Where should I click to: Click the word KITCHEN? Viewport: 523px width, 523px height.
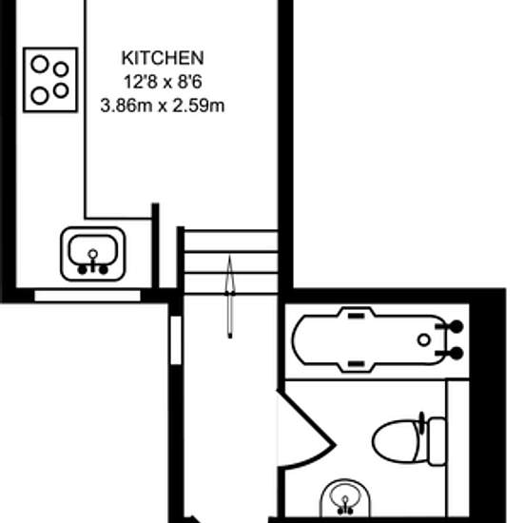click(x=162, y=58)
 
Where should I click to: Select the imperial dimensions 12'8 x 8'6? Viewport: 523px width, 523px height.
click(x=162, y=81)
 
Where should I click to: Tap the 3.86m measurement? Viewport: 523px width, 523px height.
click(x=126, y=105)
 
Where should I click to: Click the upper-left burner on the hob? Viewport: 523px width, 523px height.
click(x=41, y=66)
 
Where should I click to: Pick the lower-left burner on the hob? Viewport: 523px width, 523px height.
click(x=41, y=94)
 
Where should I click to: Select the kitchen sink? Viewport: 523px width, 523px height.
click(x=93, y=252)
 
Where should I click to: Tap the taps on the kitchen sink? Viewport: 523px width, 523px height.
click(x=93, y=266)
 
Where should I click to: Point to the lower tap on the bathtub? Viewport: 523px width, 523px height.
click(x=455, y=353)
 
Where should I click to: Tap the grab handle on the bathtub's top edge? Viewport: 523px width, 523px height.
click(x=355, y=313)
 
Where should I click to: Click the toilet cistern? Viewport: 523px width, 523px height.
click(x=436, y=440)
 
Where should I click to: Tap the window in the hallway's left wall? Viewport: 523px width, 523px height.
click(x=175, y=339)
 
